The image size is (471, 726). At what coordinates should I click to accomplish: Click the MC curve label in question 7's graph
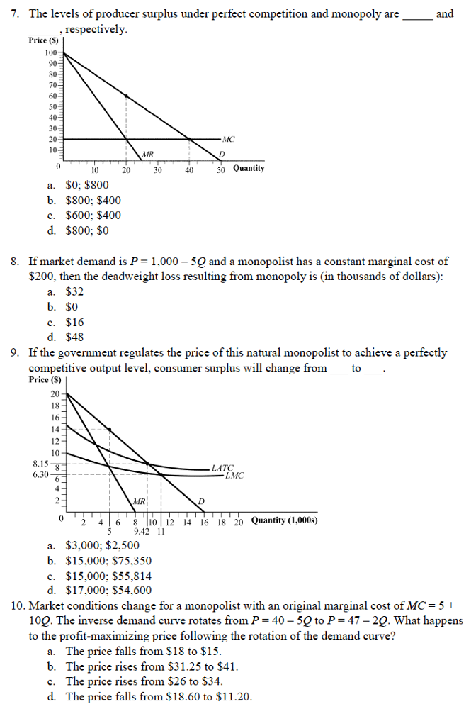click(228, 140)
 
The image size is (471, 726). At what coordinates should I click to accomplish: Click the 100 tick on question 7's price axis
click(51, 54)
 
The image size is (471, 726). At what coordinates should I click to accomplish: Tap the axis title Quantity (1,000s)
click(284, 520)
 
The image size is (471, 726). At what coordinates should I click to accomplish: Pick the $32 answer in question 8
click(74, 291)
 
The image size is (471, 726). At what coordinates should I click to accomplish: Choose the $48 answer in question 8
click(74, 337)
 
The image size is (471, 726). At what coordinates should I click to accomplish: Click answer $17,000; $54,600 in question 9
click(108, 590)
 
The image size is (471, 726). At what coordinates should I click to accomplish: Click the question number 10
click(18, 605)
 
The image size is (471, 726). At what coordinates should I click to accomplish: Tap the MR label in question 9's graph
click(140, 502)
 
